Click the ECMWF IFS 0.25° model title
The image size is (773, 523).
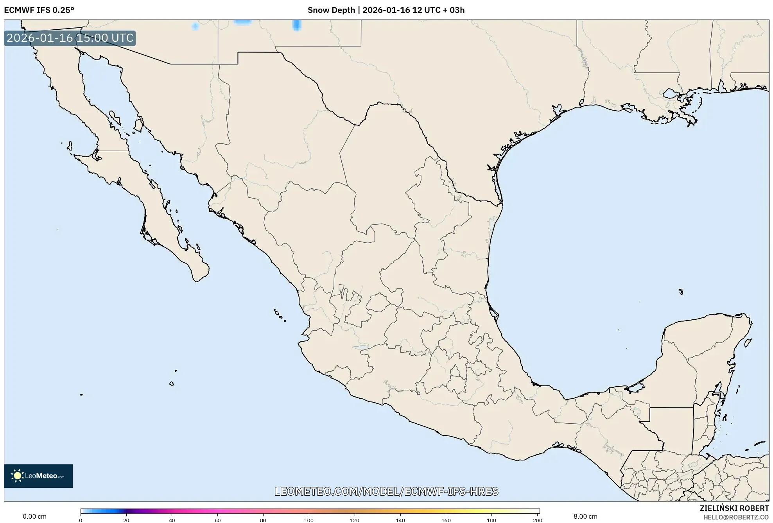point(39,10)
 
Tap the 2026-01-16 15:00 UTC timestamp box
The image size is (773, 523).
point(70,38)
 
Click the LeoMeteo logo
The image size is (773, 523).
point(38,476)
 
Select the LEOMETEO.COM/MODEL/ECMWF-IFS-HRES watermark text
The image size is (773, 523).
point(386,491)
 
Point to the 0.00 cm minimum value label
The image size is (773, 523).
point(34,516)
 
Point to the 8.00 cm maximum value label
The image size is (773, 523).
point(585,516)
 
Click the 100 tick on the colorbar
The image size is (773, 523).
point(309,520)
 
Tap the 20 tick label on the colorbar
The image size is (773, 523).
point(126,520)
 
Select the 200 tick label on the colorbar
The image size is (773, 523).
point(537,520)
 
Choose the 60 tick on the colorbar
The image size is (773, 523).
point(217,520)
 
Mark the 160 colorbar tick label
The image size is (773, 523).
point(446,520)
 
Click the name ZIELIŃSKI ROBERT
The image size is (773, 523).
point(734,508)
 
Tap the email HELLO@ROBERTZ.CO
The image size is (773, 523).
point(736,517)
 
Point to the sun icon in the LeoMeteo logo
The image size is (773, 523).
point(17,476)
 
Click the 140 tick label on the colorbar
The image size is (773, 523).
point(400,520)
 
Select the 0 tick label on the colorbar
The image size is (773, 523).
point(81,520)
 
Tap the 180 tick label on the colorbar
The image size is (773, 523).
point(491,520)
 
